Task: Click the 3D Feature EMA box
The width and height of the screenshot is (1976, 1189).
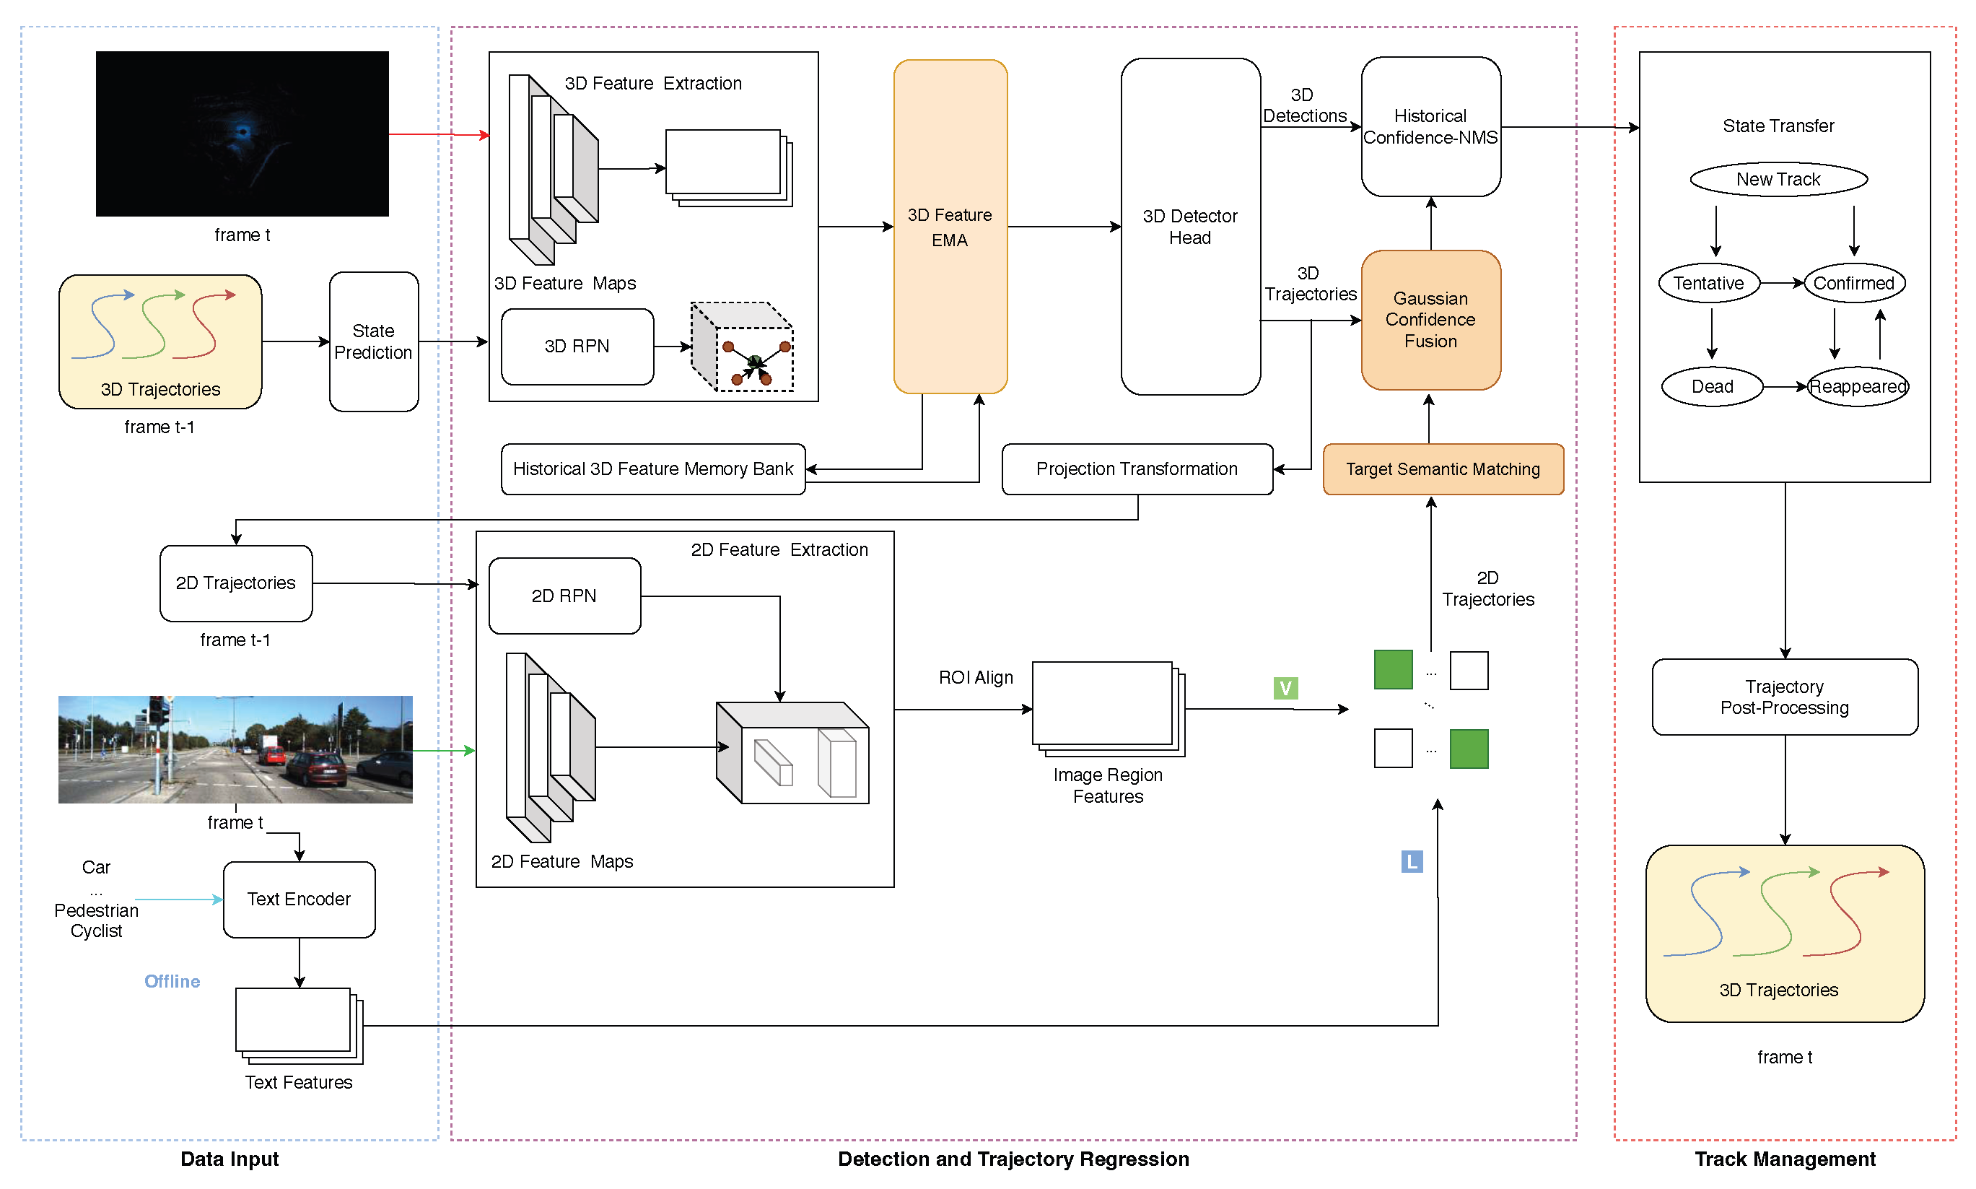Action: (949, 227)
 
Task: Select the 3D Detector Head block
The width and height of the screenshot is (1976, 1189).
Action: (1189, 227)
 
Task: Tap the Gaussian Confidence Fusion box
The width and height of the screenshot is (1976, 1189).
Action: (1430, 320)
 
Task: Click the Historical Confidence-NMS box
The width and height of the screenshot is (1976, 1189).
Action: (1430, 126)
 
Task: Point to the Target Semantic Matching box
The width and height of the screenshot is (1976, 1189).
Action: (1442, 469)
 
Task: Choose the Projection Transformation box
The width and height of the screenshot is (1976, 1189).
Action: (1136, 469)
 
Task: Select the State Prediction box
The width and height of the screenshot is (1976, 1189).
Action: (373, 341)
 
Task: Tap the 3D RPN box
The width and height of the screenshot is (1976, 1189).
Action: (577, 346)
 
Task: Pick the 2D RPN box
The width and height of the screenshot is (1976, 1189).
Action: (564, 596)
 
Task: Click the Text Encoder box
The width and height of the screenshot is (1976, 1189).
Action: (299, 899)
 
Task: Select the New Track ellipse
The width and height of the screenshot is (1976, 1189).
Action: (1778, 180)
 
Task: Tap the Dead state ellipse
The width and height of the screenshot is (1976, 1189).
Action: (1711, 386)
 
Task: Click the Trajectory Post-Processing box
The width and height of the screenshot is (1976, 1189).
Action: (1784, 697)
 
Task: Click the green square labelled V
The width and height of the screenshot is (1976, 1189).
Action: (1285, 688)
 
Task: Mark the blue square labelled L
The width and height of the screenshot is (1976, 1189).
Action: (1412, 861)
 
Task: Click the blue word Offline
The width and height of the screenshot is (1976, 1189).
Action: (172, 982)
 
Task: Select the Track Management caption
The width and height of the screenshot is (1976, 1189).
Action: (1784, 1159)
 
